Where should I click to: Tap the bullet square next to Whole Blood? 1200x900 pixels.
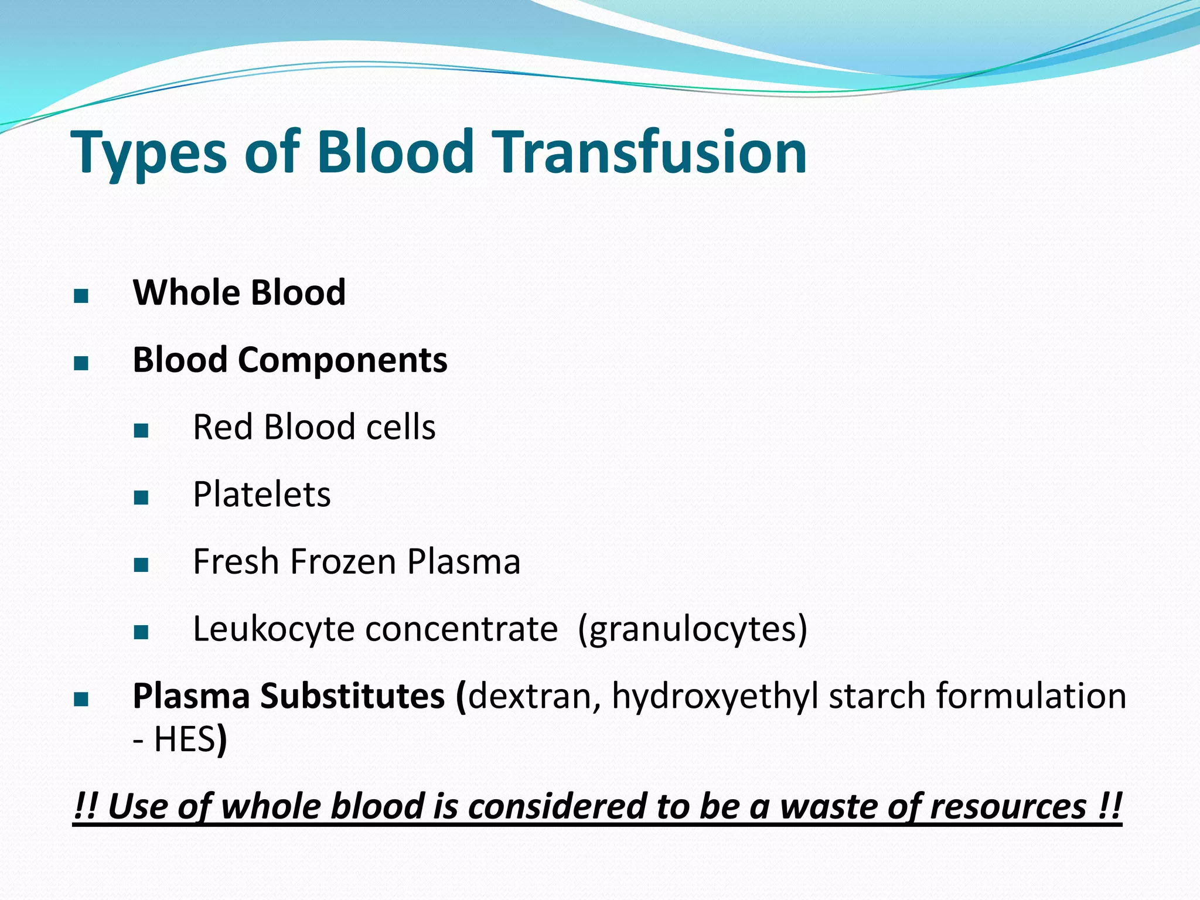click(81, 296)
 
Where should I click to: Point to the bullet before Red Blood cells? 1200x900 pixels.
click(141, 431)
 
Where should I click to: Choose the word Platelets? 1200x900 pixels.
click(261, 495)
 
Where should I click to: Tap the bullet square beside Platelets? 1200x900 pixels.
click(141, 498)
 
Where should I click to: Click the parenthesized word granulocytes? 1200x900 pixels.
click(692, 630)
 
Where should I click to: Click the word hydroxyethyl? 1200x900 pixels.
click(715, 697)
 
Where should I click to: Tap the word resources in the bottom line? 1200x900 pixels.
click(1007, 807)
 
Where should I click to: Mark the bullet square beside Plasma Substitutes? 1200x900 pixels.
click(81, 700)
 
